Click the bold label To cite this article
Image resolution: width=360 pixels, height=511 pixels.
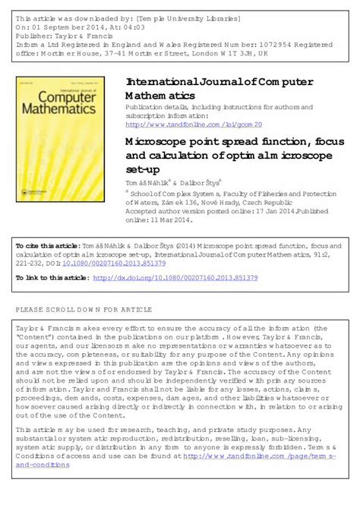(47, 246)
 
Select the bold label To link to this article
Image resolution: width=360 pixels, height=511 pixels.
(52, 279)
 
